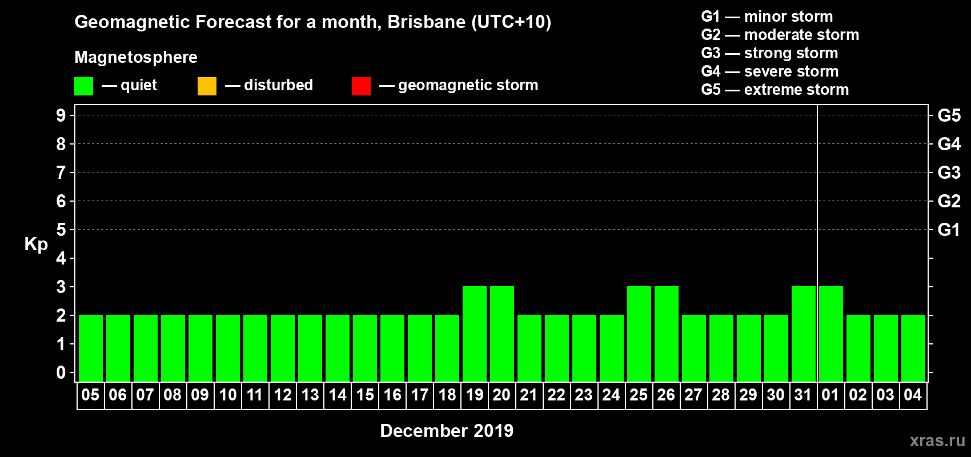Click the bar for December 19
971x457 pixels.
point(475,334)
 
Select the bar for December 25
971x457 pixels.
point(639,334)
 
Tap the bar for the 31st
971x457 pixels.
point(804,334)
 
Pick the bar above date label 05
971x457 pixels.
point(91,348)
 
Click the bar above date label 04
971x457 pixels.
point(913,348)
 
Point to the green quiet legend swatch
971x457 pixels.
point(83,86)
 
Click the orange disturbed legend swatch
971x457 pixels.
point(207,86)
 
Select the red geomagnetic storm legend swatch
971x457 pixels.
point(361,86)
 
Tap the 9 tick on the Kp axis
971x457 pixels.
point(61,115)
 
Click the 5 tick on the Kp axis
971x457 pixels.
point(61,230)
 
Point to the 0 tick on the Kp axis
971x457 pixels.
point(61,372)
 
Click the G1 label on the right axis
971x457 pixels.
point(949,230)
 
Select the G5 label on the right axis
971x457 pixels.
point(949,115)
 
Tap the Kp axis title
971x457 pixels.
point(36,244)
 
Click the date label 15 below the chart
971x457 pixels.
point(365,395)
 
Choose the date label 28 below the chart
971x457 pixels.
point(721,395)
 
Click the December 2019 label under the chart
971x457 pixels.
point(447,431)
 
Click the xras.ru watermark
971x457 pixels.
point(937,440)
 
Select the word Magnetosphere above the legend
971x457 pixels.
point(136,57)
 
